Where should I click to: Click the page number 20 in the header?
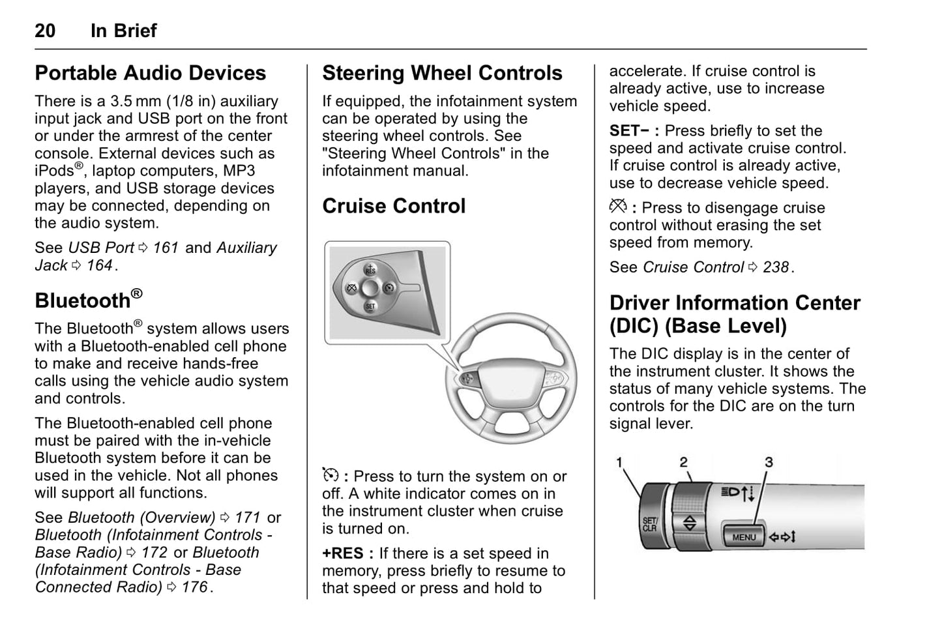(x=45, y=31)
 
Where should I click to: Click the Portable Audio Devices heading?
(x=151, y=73)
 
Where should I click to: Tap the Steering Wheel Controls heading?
(x=442, y=73)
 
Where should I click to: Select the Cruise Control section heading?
(x=394, y=206)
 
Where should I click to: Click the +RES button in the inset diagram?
(x=370, y=268)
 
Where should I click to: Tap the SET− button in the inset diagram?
(x=370, y=306)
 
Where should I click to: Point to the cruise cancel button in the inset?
(x=351, y=287)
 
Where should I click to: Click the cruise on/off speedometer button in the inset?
(x=390, y=287)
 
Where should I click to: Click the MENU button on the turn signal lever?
(x=744, y=537)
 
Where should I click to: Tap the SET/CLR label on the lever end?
(x=650, y=524)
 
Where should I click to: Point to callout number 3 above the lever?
(x=769, y=462)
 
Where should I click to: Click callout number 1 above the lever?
(x=619, y=462)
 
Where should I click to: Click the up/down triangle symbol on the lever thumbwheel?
(x=689, y=523)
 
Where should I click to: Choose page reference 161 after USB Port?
(x=166, y=248)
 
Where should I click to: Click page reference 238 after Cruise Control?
(x=776, y=267)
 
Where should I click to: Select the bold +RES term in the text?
(x=343, y=553)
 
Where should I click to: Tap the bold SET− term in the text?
(x=630, y=131)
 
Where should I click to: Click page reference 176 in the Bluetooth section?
(x=194, y=587)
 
